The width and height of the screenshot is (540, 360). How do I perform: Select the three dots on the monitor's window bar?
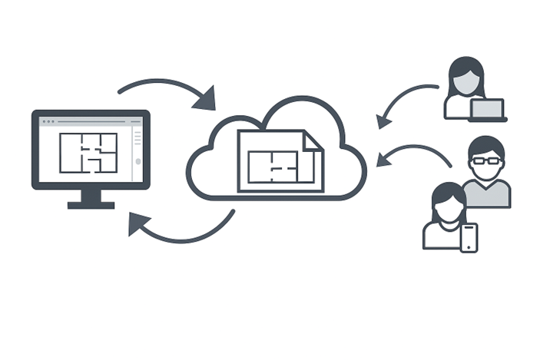(48, 121)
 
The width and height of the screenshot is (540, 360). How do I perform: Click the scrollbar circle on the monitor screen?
(137, 161)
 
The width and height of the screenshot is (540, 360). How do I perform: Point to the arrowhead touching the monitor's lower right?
(139, 223)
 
